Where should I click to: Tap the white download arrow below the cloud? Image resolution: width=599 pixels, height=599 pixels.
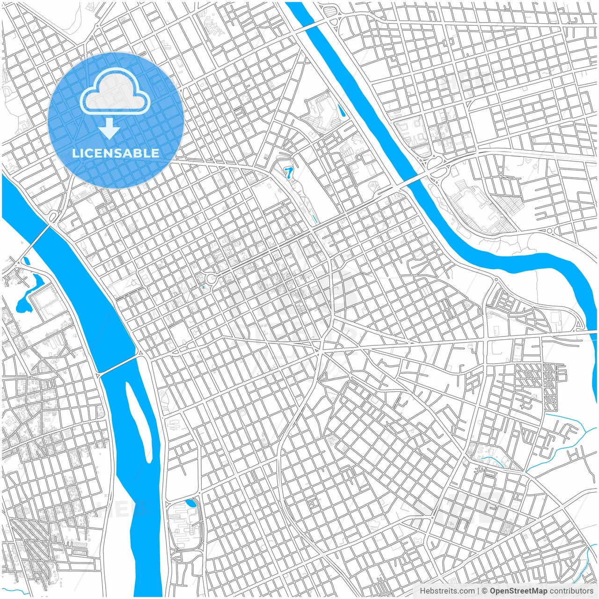pyautogui.click(x=109, y=129)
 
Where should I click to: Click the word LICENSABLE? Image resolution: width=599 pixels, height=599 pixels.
pyautogui.click(x=116, y=153)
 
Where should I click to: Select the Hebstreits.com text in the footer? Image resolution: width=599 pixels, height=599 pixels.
pyautogui.click(x=447, y=591)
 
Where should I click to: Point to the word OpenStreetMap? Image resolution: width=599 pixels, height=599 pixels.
pyautogui.click(x=519, y=591)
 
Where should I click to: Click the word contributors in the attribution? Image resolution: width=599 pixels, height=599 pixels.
pyautogui.click(x=571, y=591)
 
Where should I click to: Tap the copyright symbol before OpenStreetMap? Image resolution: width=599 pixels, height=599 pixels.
pyautogui.click(x=485, y=591)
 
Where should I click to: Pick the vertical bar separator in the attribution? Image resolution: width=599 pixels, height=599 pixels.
pyautogui.click(x=478, y=591)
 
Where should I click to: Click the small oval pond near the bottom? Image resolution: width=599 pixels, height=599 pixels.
pyautogui.click(x=191, y=504)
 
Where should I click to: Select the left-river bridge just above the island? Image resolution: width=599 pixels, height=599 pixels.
pyautogui.click(x=117, y=365)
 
